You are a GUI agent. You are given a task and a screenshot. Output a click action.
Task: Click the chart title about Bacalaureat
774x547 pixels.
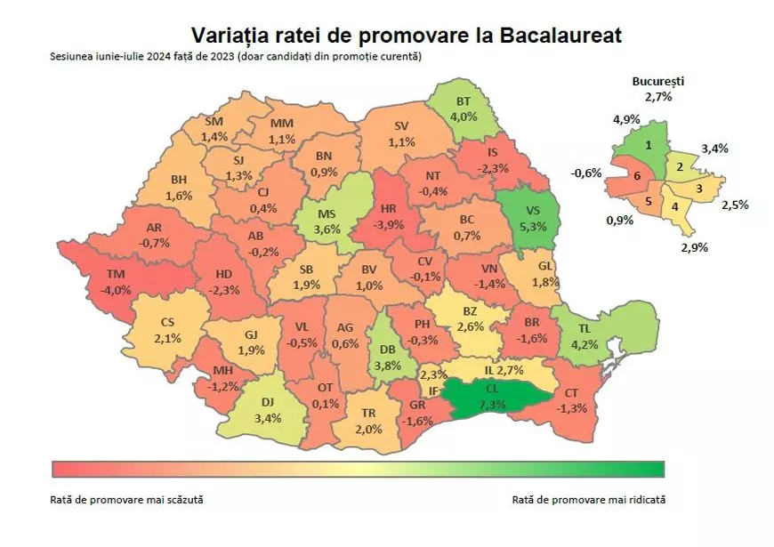(406, 35)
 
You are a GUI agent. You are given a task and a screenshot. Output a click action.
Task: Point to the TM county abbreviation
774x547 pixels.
(116, 275)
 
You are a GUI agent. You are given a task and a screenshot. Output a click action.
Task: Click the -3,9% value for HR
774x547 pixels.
(388, 225)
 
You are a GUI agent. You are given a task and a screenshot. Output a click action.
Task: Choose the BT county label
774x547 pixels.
(464, 101)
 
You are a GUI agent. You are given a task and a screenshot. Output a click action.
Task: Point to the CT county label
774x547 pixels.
(572, 393)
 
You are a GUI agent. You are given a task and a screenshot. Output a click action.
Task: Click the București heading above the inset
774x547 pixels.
(659, 81)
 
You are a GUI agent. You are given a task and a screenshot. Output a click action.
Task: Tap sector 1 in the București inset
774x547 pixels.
(649, 144)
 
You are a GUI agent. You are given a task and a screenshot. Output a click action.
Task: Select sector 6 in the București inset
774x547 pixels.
(637, 177)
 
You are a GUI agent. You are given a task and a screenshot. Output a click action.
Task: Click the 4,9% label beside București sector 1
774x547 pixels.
(626, 118)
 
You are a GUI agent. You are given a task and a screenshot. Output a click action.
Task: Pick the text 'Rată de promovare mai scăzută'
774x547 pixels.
(127, 499)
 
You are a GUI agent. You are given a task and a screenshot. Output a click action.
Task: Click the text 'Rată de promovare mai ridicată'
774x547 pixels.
(589, 499)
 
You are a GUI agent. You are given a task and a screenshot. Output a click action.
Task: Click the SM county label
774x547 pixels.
(214, 122)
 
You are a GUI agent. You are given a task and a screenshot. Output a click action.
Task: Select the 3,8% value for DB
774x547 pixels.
(389, 364)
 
